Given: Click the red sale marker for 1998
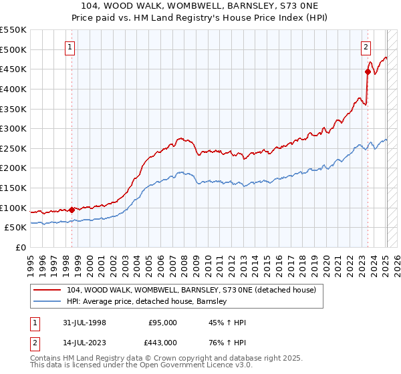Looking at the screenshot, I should tap(72, 210).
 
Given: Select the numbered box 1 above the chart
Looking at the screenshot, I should tap(70, 47).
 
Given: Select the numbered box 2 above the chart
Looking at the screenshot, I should tap(366, 47).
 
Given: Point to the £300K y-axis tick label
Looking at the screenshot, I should tap(13, 128).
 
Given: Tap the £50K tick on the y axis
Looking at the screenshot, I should tap(16, 228).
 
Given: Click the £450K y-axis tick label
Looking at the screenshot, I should tap(13, 69).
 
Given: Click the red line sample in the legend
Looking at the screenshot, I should tap(48, 290).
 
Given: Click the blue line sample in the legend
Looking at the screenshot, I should tap(48, 302).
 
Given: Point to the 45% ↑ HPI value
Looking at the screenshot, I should tap(227, 323).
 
